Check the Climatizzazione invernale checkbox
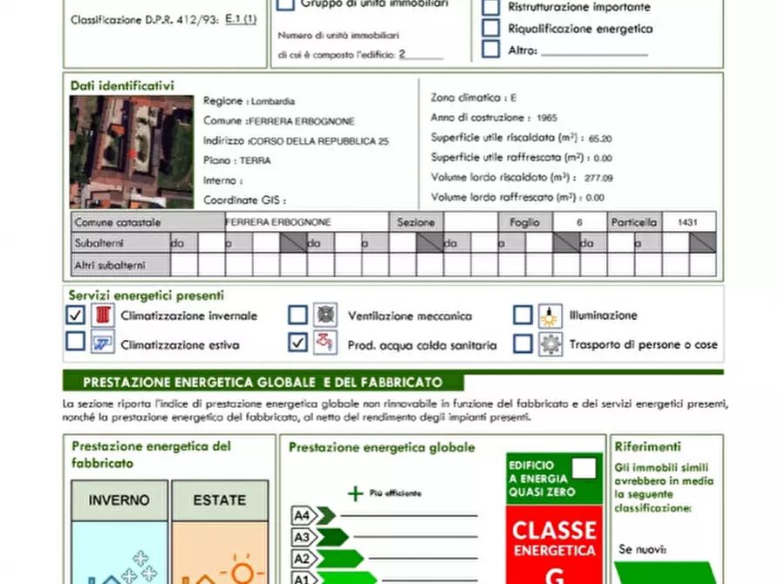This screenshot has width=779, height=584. [x=76, y=315]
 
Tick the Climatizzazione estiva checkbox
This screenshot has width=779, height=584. [x=76, y=343]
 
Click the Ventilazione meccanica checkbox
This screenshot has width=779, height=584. [x=298, y=315]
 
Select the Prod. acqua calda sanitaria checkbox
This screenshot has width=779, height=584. [x=298, y=343]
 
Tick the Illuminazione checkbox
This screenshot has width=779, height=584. [x=523, y=315]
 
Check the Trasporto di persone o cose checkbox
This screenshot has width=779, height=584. [x=523, y=343]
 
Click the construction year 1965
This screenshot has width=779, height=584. [x=548, y=118]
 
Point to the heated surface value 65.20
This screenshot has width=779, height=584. [x=600, y=138]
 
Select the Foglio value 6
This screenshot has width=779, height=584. [x=579, y=222]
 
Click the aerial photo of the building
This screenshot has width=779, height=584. [x=132, y=152]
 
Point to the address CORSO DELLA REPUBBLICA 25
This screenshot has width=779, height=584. [x=319, y=140]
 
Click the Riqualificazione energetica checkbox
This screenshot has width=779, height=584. [x=491, y=28]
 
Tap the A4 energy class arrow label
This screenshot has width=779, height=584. [x=303, y=515]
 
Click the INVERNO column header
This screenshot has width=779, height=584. [x=119, y=501]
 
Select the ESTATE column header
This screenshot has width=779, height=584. [x=220, y=501]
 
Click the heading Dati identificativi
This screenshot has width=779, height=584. [x=122, y=85]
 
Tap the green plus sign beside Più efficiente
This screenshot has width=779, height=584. [x=355, y=493]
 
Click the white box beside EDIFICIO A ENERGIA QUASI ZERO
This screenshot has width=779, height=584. [x=584, y=469]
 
